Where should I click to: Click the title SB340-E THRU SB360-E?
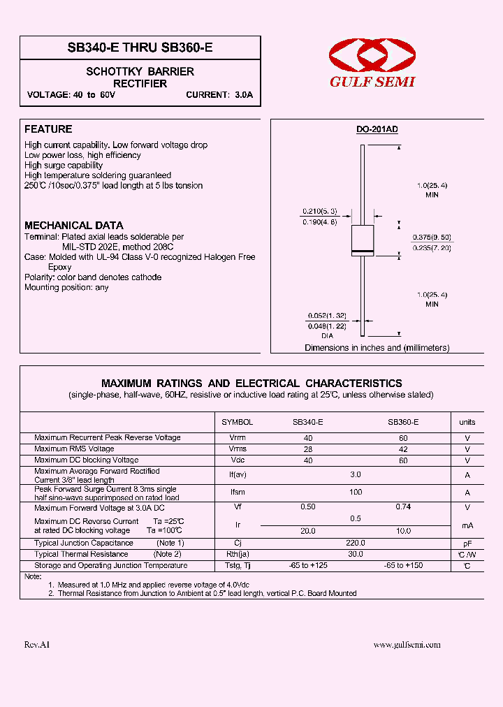tap(140, 48)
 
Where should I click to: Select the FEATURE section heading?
tap(48, 129)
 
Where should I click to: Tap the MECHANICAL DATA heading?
tap(73, 226)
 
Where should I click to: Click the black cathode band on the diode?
tap(362, 251)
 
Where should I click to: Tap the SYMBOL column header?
tap(237, 422)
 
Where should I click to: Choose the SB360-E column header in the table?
tap(403, 422)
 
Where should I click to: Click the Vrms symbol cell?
tap(238, 449)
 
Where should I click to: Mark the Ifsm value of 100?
tap(356, 493)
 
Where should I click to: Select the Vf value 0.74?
tap(403, 507)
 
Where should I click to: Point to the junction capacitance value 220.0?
tap(356, 543)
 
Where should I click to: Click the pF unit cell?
tap(467, 543)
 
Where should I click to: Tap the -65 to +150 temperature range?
tap(403, 565)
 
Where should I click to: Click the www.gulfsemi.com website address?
tap(407, 645)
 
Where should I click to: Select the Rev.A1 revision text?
tap(37, 645)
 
